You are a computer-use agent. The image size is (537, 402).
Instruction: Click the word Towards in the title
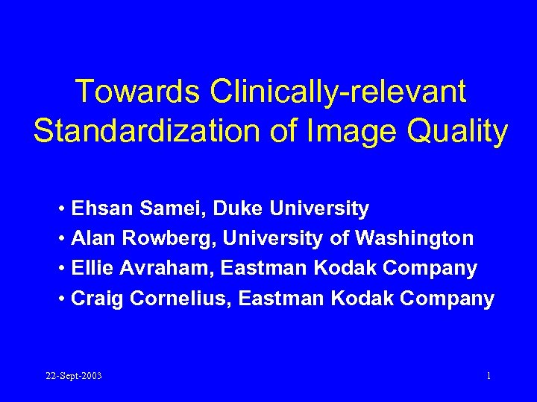click(x=139, y=92)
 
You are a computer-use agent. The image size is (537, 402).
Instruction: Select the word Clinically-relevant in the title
click(x=338, y=92)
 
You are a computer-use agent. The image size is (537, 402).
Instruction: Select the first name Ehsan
click(x=101, y=209)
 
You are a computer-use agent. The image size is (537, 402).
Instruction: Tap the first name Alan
click(x=95, y=239)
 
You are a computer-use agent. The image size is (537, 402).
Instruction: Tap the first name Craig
click(x=97, y=299)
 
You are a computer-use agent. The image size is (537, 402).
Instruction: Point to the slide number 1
click(x=489, y=376)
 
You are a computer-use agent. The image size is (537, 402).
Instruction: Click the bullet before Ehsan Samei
click(x=60, y=209)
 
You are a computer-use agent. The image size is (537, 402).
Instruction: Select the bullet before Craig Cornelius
click(x=60, y=299)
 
